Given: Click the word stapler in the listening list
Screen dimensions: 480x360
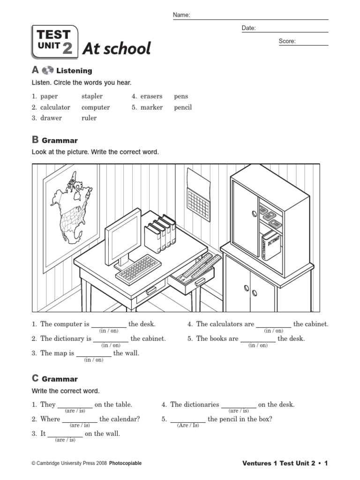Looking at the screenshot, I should tap(92, 97).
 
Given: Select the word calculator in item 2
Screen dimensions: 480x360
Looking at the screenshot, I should tap(55, 107).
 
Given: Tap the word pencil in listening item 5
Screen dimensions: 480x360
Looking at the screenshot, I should tap(183, 107).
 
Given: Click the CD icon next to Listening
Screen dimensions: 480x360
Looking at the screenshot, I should tap(48, 71).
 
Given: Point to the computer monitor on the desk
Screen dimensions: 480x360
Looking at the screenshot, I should tap(123, 238).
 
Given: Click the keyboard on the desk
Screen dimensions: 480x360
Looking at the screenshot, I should tap(138, 270).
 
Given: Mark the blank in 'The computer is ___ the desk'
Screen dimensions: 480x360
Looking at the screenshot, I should tap(108, 324).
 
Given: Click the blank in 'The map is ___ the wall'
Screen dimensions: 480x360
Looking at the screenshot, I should tap(93, 353).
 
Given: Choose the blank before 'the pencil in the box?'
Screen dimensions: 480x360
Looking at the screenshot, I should tap(187, 420).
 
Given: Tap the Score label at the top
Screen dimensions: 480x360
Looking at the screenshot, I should tap(287, 41).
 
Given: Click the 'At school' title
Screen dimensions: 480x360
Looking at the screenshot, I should tap(117, 48).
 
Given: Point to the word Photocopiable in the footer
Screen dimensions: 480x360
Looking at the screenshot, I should tap(125, 464).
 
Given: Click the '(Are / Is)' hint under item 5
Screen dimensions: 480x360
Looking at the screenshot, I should tap(188, 426).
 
